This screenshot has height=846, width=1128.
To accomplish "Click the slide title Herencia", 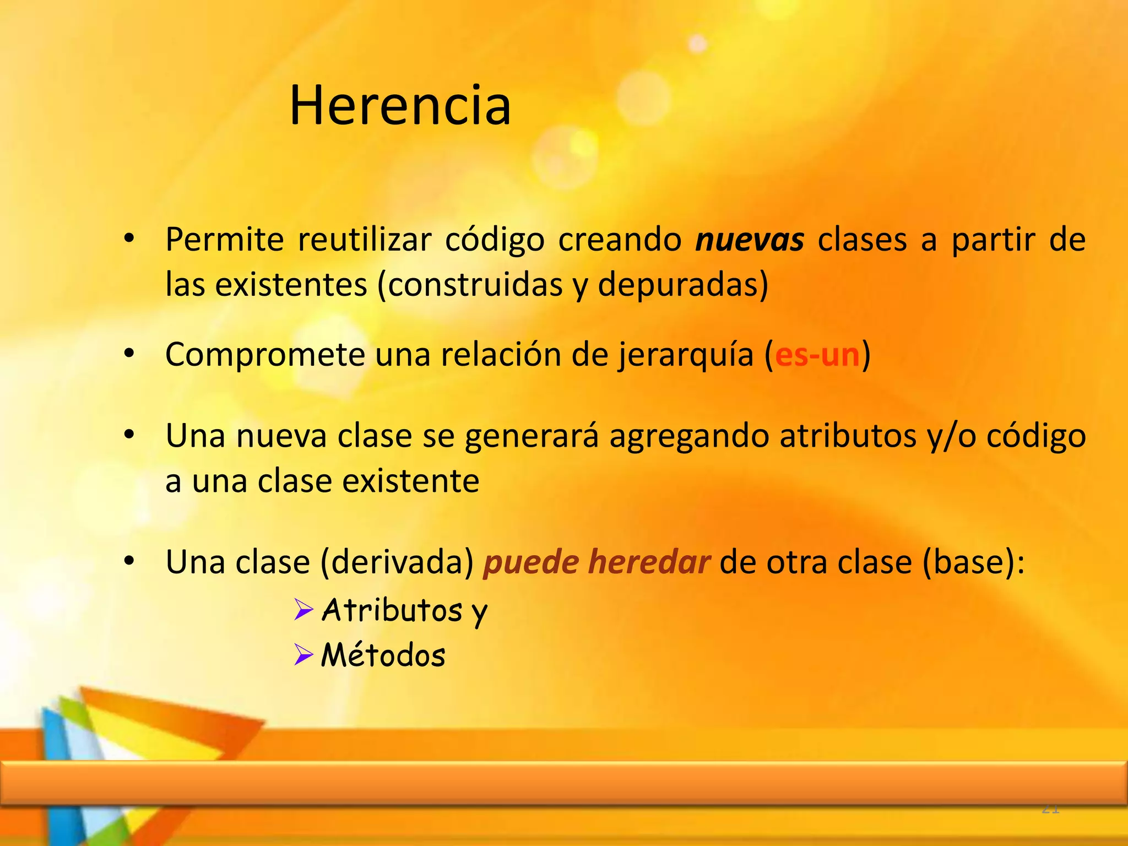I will click(x=400, y=105).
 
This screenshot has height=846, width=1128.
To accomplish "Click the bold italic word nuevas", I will click(x=750, y=240).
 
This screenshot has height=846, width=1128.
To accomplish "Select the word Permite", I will click(x=224, y=240).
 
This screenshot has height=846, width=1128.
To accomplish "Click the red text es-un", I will click(x=817, y=355).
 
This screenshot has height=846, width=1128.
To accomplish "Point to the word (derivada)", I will click(x=397, y=562).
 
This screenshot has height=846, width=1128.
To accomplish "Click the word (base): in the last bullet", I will click(x=973, y=562).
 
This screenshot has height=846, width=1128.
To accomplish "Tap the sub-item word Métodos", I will click(x=383, y=655).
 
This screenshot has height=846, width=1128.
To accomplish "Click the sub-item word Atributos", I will click(x=392, y=610).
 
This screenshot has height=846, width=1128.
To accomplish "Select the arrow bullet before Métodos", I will click(x=303, y=655).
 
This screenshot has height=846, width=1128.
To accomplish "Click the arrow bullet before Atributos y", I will click(x=303, y=610).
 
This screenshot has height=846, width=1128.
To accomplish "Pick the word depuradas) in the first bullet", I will click(x=683, y=285).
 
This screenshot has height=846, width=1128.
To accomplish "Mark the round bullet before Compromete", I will click(x=129, y=354).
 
